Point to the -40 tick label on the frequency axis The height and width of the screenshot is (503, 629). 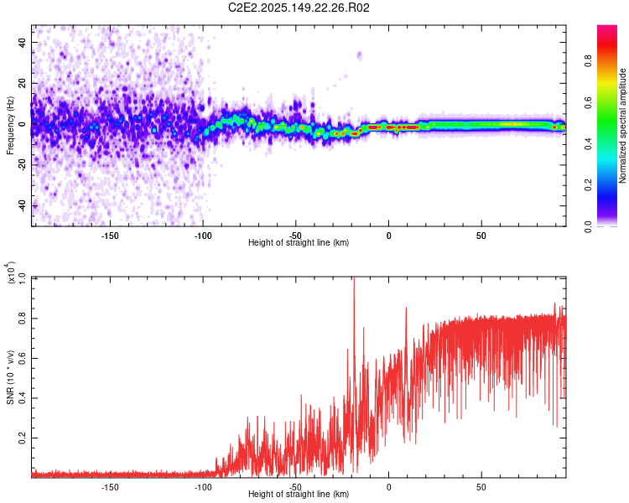click(x=22, y=206)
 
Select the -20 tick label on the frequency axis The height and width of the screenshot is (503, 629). click(x=22, y=165)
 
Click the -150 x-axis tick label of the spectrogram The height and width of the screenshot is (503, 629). click(x=110, y=235)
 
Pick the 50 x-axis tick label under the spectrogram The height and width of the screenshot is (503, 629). click(x=481, y=235)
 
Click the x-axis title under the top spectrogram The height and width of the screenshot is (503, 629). click(x=299, y=243)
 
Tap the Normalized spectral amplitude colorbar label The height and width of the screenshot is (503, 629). click(x=623, y=126)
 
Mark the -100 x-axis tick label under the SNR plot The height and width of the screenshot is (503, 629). click(x=203, y=486)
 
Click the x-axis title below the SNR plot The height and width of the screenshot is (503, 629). click(x=299, y=495)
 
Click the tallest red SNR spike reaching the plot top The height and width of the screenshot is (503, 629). click(x=354, y=282)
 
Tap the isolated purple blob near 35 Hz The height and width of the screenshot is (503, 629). click(x=360, y=55)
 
